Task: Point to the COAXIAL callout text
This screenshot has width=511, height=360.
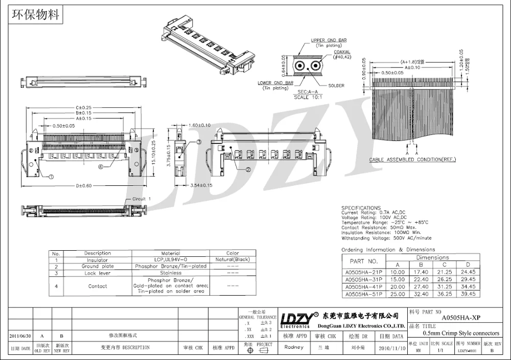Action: coord(342,52)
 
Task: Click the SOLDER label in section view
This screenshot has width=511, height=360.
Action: coord(336,86)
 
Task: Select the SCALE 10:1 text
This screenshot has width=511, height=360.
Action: coord(308,97)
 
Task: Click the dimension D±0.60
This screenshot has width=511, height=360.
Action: coord(83,185)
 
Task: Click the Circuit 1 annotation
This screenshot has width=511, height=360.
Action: coord(142,199)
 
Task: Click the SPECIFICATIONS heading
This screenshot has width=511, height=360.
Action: coord(361,208)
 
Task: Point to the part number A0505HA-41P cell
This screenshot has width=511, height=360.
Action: coord(362,287)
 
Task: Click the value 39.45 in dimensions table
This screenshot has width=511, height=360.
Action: coord(468,294)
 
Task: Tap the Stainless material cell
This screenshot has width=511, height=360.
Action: coord(171,273)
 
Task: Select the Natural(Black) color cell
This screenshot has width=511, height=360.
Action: coord(233,260)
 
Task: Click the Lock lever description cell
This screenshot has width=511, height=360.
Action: coord(97,273)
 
